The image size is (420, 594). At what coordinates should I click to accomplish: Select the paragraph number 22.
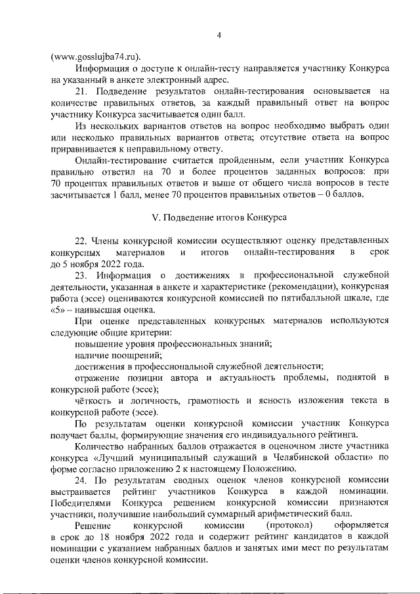(82, 240)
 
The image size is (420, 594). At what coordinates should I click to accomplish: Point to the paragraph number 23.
(82, 275)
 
